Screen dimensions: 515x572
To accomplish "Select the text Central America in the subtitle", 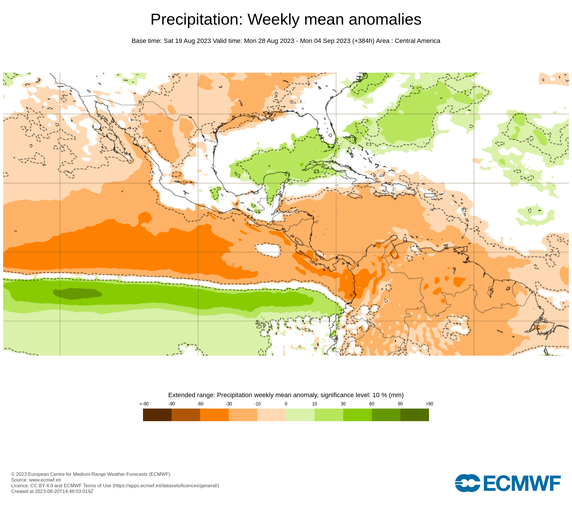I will [x=417, y=41].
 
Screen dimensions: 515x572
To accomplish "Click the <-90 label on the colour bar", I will [x=144, y=404].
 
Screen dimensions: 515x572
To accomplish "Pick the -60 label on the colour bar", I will [x=200, y=404].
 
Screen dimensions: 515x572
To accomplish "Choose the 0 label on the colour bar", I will [x=286, y=404].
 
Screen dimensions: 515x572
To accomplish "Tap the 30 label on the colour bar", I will [x=343, y=404].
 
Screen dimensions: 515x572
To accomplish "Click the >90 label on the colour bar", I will [x=429, y=404].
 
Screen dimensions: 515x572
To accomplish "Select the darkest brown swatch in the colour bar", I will [x=157, y=415].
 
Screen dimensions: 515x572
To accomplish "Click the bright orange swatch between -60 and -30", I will [x=214, y=415].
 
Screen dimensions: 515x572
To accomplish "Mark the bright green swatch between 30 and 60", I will [x=357, y=415].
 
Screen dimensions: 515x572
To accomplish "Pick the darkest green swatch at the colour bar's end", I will [x=415, y=415].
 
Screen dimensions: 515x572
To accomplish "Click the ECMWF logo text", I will [x=522, y=484].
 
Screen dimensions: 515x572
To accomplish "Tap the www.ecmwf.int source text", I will [x=45, y=480].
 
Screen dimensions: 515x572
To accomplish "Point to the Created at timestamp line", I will [x=52, y=492].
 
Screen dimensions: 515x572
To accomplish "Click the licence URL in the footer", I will [x=166, y=486].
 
